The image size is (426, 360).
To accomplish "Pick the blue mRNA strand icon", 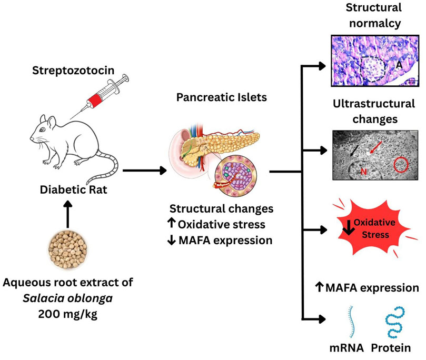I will tap(349, 319).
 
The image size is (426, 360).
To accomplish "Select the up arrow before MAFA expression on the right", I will tap(319, 287).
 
